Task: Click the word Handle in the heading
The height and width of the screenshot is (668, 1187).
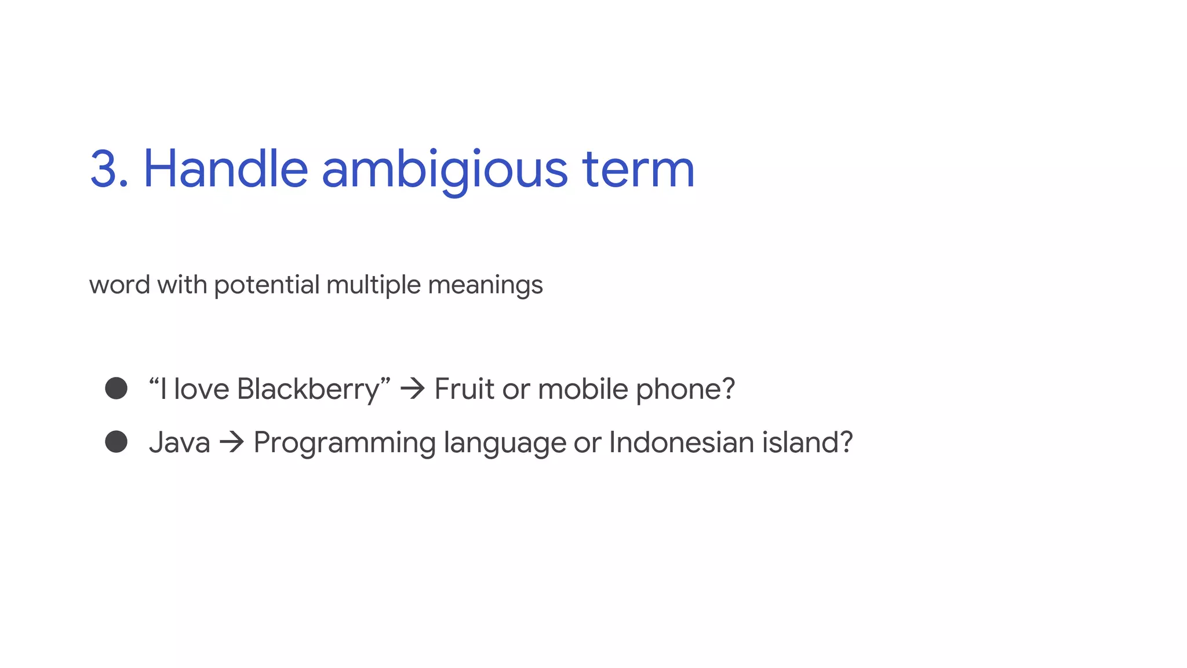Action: (x=225, y=169)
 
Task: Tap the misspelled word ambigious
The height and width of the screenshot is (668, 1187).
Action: (x=445, y=169)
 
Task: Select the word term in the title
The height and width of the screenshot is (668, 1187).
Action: (x=638, y=169)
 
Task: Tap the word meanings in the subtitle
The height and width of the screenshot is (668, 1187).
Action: (x=485, y=285)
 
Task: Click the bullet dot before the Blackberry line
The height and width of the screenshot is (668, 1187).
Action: (x=116, y=389)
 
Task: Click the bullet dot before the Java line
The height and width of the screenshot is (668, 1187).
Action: (x=116, y=442)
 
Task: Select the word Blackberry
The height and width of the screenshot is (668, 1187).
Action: (x=308, y=389)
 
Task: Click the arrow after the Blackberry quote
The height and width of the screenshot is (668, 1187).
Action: (x=413, y=389)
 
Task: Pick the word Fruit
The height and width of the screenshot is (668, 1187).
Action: (x=464, y=389)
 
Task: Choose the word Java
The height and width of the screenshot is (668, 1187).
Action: (x=179, y=442)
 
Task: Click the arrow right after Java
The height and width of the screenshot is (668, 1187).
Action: (x=232, y=442)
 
